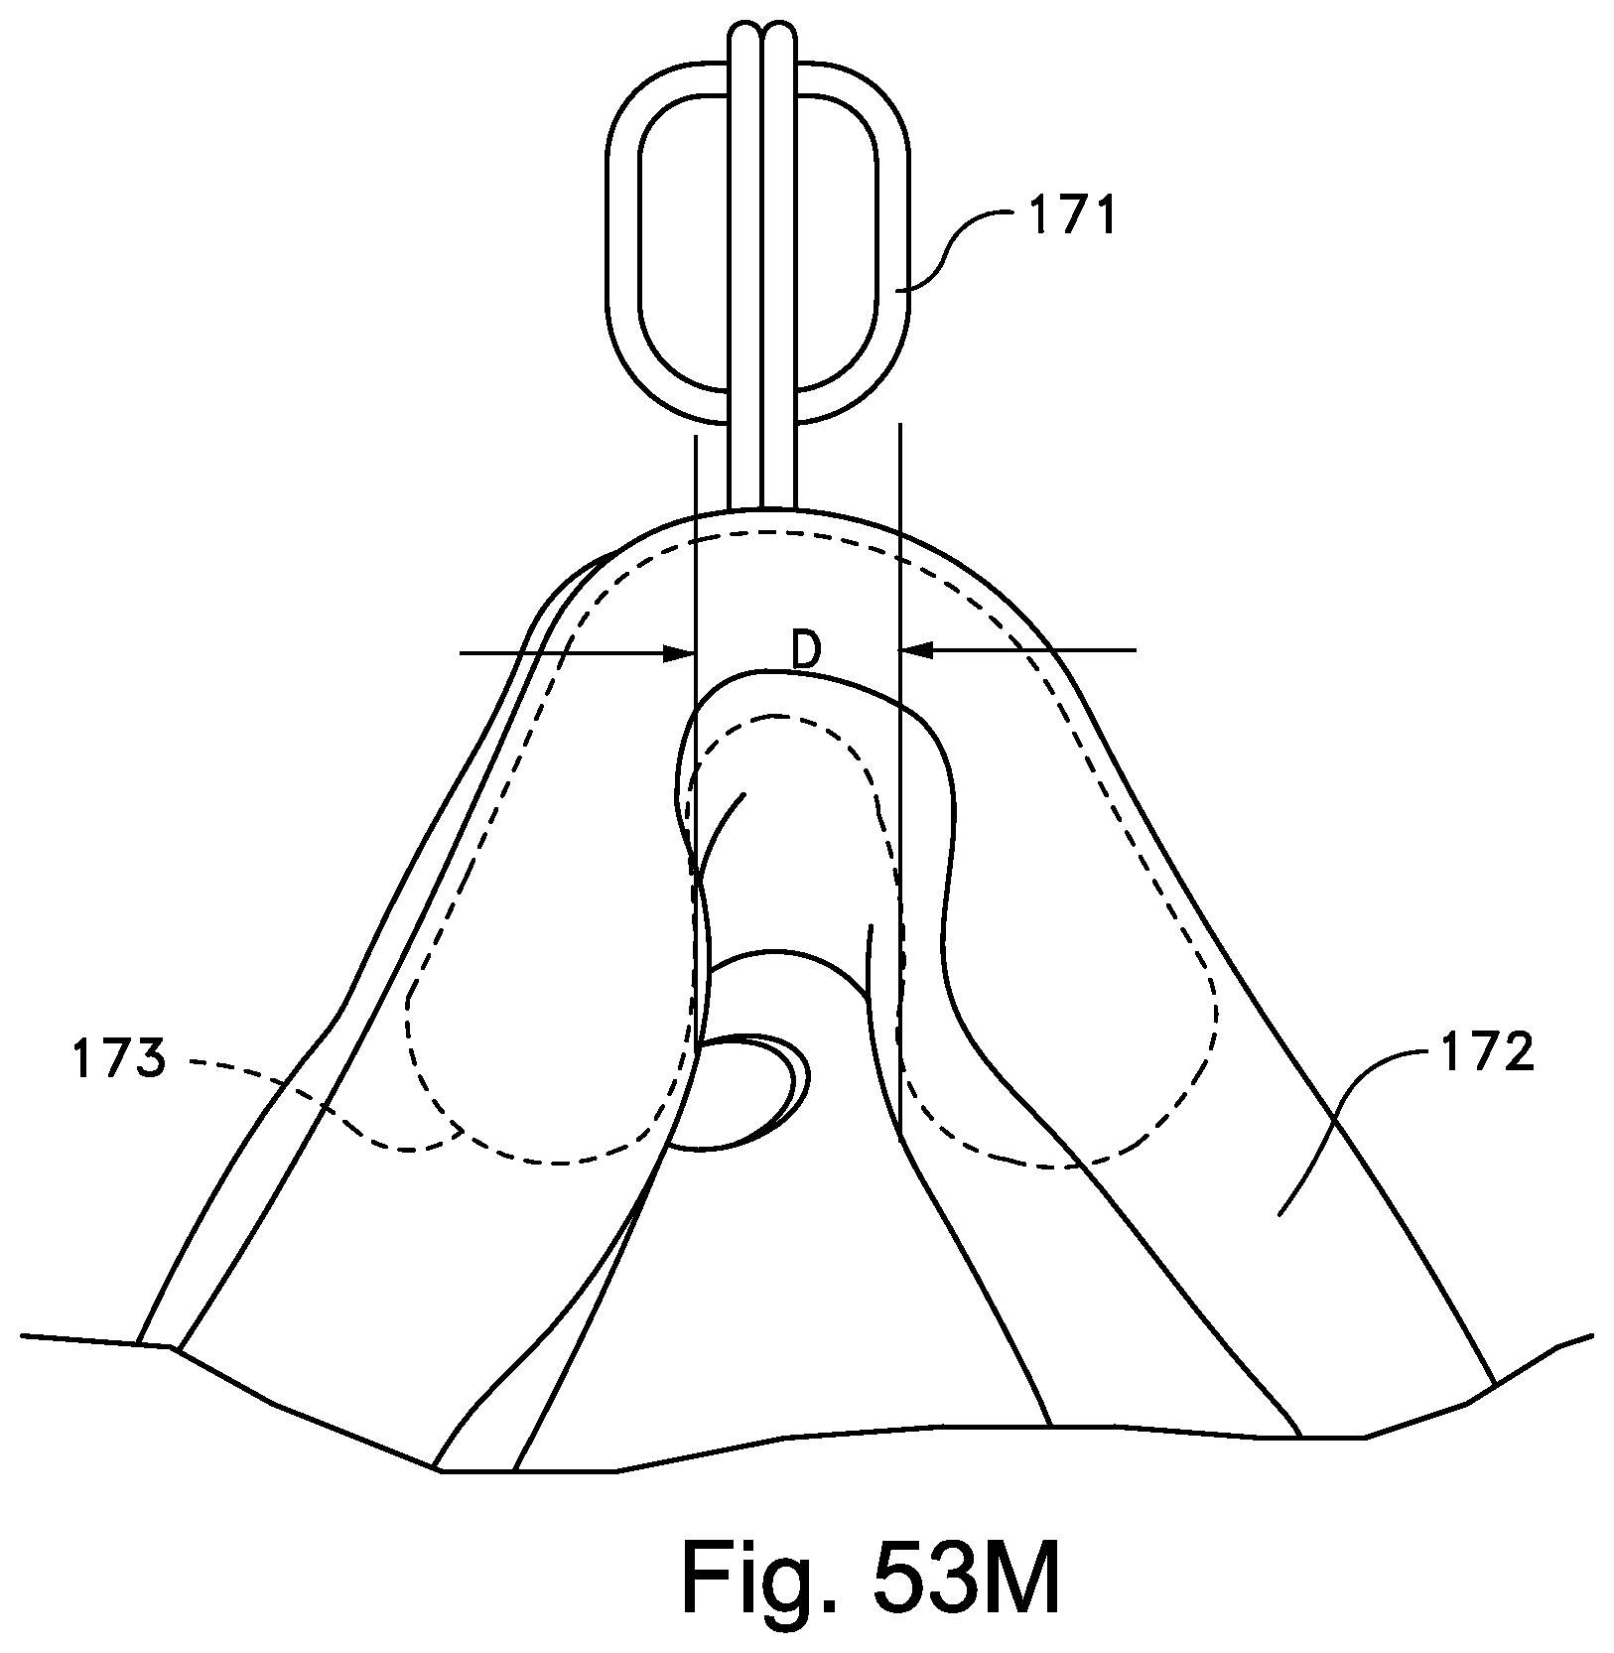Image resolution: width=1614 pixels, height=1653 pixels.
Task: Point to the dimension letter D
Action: [x=806, y=651]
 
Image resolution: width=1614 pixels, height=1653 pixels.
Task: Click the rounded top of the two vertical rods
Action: [x=762, y=35]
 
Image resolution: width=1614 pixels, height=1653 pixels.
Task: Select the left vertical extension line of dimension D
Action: [x=697, y=556]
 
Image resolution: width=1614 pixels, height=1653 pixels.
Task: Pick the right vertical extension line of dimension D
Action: [x=899, y=556]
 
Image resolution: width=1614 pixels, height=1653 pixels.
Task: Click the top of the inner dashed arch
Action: [x=784, y=717]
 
